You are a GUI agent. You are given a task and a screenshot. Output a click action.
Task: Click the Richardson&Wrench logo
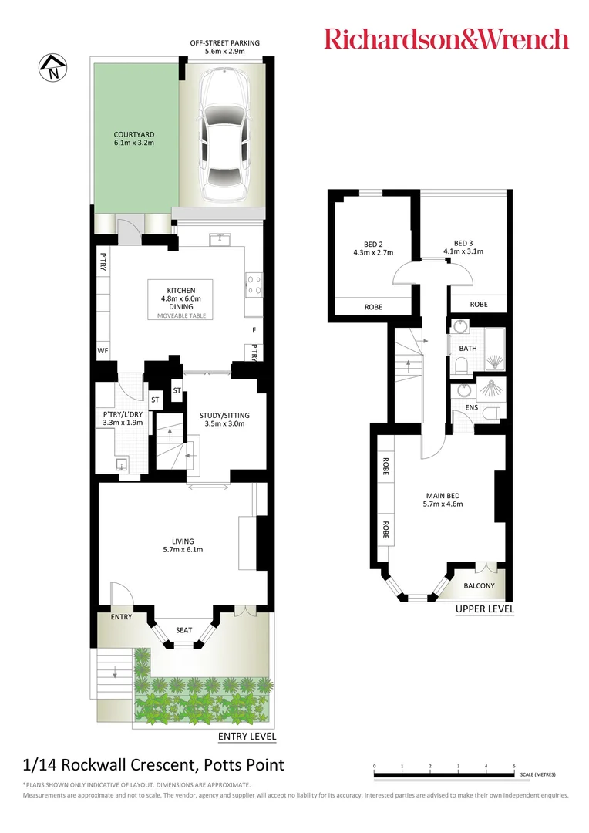(x=446, y=39)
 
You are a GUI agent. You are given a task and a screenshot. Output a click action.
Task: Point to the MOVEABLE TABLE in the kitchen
(x=181, y=315)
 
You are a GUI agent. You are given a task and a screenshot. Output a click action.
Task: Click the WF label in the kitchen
(x=102, y=350)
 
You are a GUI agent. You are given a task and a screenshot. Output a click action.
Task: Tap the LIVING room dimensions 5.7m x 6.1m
(x=183, y=550)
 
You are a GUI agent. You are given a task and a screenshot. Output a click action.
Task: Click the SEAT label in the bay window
(x=183, y=630)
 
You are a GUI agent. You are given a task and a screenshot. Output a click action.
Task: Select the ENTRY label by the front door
(x=121, y=617)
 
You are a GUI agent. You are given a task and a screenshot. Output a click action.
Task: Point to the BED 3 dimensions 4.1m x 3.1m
(x=463, y=251)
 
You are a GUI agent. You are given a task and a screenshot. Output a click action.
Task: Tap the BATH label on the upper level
(x=468, y=349)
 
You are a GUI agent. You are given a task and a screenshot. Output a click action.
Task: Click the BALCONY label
(x=479, y=586)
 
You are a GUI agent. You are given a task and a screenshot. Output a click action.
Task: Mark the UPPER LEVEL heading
(x=484, y=609)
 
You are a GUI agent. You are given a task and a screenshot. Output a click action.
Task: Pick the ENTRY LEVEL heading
(x=247, y=737)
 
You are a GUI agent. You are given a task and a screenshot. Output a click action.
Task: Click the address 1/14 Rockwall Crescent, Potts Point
(x=153, y=765)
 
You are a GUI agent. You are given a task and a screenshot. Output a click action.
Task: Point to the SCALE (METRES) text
(x=538, y=774)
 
